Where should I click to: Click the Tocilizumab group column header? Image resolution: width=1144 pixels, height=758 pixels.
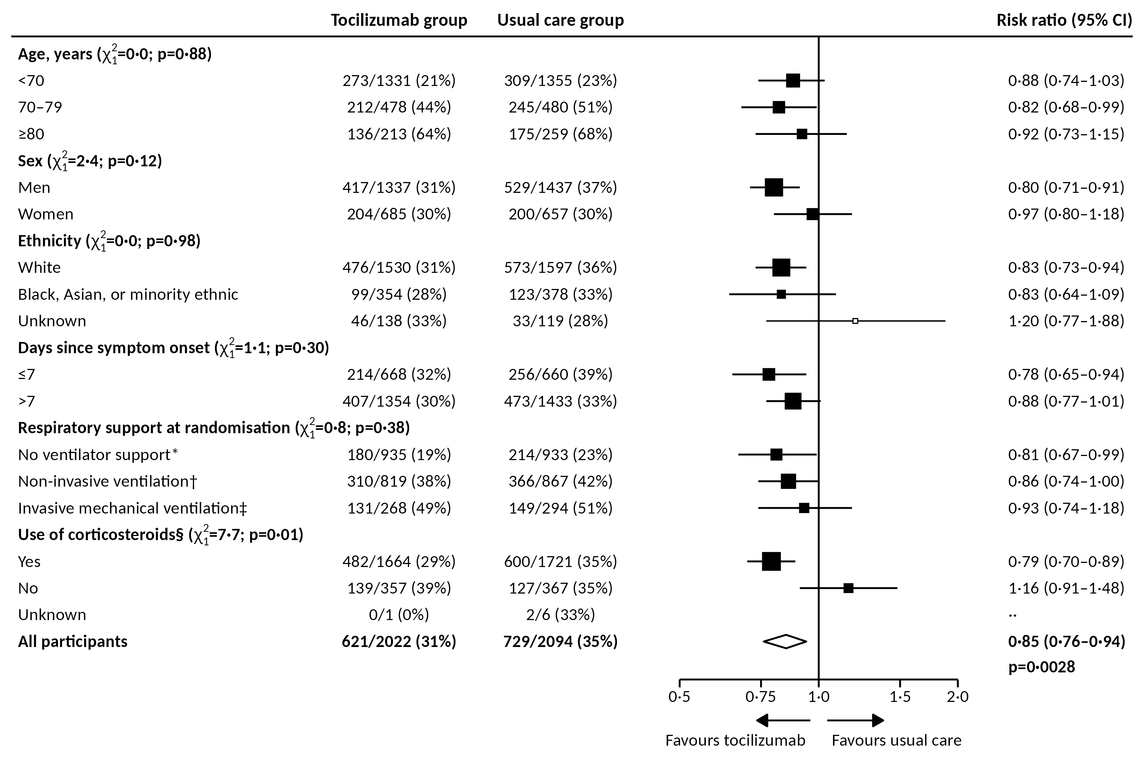[399, 20]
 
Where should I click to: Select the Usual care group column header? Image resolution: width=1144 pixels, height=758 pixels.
[560, 20]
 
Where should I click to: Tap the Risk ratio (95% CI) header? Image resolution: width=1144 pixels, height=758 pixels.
[1064, 20]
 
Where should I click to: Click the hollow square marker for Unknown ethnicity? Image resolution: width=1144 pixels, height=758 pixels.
[855, 321]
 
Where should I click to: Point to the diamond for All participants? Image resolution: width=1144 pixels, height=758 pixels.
[785, 641]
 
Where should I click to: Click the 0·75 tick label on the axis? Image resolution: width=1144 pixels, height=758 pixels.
[760, 697]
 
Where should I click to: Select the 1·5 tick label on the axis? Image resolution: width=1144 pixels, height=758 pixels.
[900, 697]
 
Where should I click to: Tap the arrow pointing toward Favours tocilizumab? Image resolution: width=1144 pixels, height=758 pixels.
[783, 721]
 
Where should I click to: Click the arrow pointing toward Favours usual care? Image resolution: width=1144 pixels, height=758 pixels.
[855, 721]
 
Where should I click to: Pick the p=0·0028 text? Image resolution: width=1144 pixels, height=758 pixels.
[1042, 667]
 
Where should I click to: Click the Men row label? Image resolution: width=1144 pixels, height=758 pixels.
[34, 188]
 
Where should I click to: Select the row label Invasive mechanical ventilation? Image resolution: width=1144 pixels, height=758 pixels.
[132, 508]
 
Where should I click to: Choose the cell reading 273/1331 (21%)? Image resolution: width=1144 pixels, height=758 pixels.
[399, 80]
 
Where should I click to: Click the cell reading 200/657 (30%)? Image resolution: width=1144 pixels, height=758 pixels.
[560, 214]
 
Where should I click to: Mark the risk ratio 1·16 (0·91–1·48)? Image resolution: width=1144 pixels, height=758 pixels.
[1066, 588]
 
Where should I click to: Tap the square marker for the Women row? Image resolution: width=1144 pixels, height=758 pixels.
[812, 214]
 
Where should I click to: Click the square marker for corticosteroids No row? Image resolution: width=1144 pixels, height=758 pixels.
[848, 588]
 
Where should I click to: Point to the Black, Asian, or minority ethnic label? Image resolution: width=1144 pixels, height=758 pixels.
[128, 295]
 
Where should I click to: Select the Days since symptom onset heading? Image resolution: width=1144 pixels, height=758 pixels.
[114, 348]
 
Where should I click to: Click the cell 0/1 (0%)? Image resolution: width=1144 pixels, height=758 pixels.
[399, 615]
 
